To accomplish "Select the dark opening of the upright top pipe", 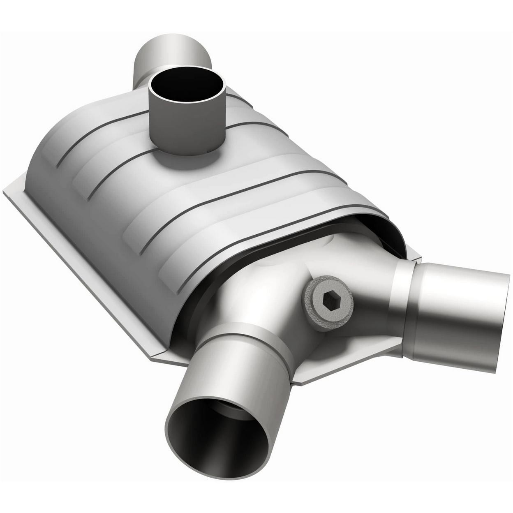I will click(x=187, y=86).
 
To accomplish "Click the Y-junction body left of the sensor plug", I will click(x=263, y=288).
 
